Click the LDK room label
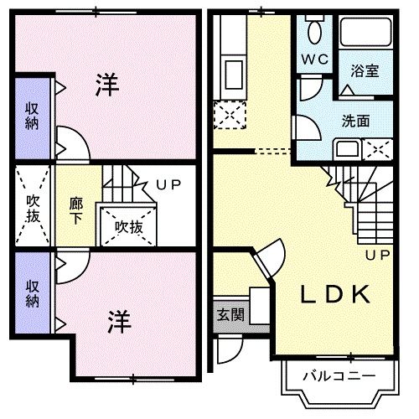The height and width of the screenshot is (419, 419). pos(335,295)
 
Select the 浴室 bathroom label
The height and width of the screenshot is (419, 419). pos(365,72)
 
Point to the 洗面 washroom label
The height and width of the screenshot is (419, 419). pos(355,121)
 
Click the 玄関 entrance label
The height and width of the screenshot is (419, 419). pos(231,315)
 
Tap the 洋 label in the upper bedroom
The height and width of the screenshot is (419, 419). pos(106,85)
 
